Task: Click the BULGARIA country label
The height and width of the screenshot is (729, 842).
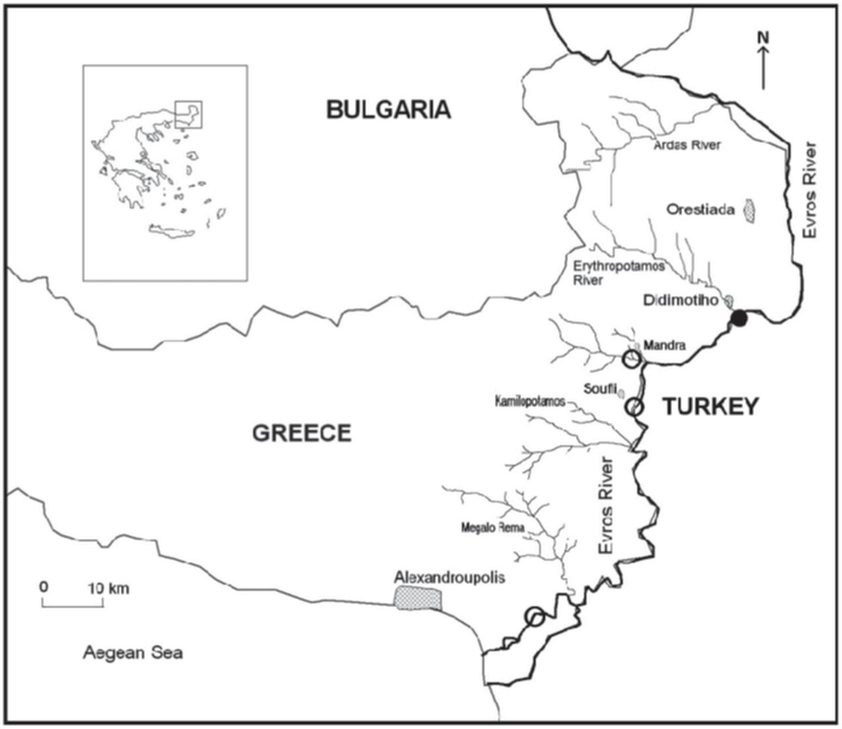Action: coord(388,109)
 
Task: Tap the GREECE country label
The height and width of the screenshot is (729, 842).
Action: coord(302,433)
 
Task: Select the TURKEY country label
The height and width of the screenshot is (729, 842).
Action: coord(710,407)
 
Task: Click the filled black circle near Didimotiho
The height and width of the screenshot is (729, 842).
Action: coord(740,320)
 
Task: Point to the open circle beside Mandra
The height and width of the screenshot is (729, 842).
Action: coord(631,359)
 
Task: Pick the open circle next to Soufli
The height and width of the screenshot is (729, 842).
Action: coord(633,407)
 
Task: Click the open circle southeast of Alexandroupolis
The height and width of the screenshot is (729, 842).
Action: coord(535,617)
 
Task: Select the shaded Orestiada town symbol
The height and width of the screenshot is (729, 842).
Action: coord(749,210)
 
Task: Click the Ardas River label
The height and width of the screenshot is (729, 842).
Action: coord(687,145)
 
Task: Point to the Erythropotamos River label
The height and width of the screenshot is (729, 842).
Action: coord(618,273)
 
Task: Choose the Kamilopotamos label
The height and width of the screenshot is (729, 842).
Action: coord(530,401)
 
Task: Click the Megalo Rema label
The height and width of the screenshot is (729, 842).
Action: coord(493,527)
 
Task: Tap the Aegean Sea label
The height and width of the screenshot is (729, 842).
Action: coord(133,653)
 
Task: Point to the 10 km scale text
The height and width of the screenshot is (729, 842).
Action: coord(109,587)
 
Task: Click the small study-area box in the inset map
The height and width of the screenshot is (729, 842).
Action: coord(189,114)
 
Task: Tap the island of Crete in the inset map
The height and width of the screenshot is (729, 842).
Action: coord(172,231)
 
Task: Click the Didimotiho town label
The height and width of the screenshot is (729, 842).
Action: coord(680,300)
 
